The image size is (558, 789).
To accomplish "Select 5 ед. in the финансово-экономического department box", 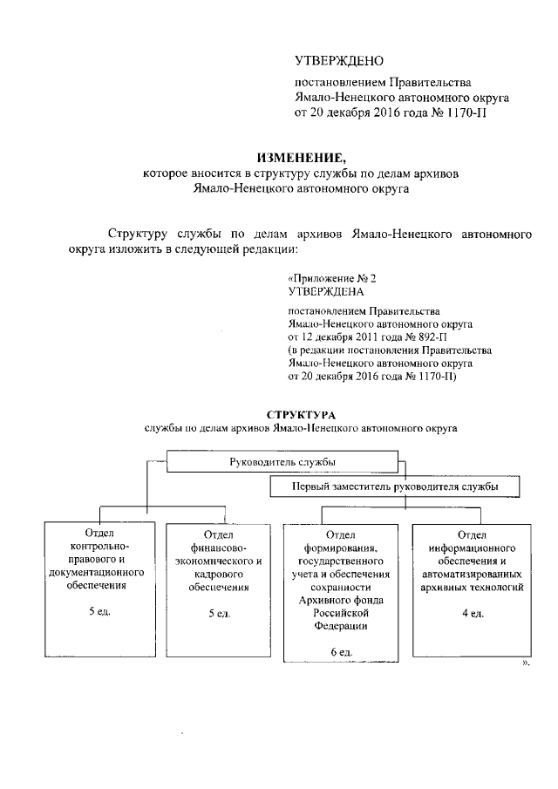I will (x=218, y=613).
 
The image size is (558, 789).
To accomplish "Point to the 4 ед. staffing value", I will (x=471, y=613).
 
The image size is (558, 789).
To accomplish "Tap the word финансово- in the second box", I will (x=219, y=546).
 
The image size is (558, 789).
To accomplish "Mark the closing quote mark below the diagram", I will (x=525, y=664).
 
